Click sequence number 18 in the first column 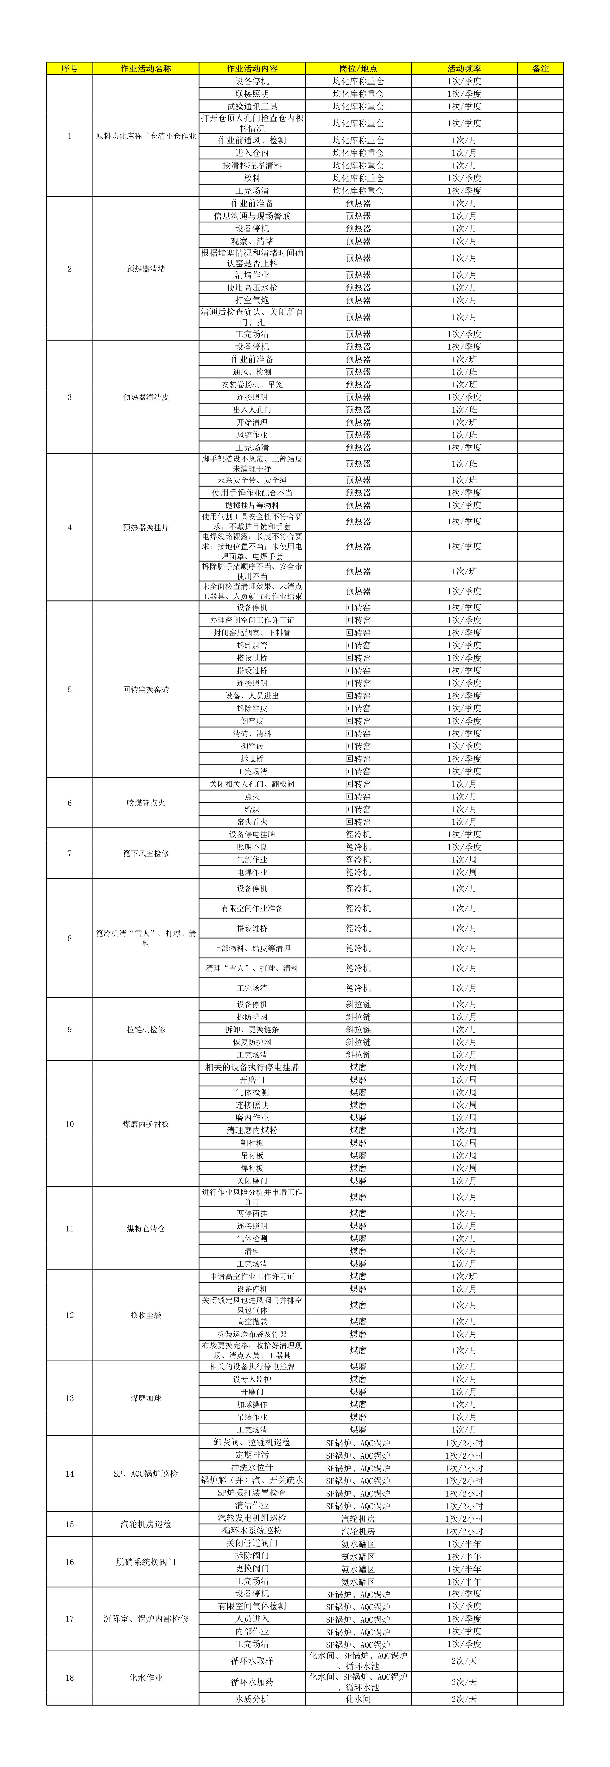point(69,1678)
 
